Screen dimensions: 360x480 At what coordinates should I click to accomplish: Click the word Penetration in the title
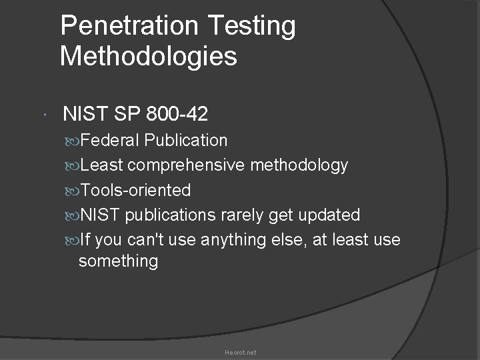click(x=127, y=26)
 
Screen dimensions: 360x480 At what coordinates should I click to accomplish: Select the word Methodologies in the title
click(x=149, y=57)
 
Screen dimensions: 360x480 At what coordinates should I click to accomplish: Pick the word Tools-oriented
click(x=135, y=191)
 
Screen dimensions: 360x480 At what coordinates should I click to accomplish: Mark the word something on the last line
click(x=118, y=261)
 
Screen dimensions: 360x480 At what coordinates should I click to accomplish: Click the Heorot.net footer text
click(x=240, y=352)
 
